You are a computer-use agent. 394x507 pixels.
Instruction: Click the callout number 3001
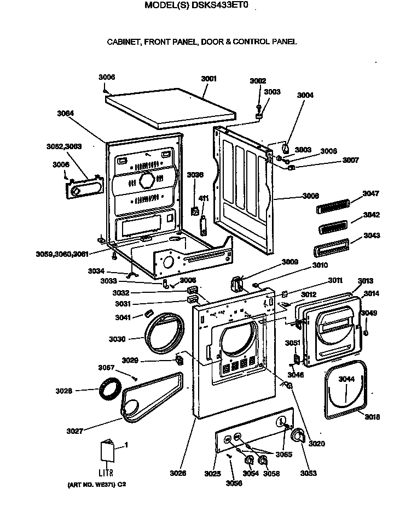[208, 79]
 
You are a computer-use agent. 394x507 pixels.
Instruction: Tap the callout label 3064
[66, 114]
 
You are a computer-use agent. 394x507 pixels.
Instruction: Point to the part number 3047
[370, 194]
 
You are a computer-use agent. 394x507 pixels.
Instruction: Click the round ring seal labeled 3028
[110, 390]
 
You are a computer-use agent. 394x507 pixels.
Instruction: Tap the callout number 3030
[117, 339]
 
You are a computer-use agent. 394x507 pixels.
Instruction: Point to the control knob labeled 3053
[298, 436]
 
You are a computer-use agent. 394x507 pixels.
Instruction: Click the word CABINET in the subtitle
[123, 42]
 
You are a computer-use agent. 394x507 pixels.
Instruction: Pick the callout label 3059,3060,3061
[62, 254]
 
